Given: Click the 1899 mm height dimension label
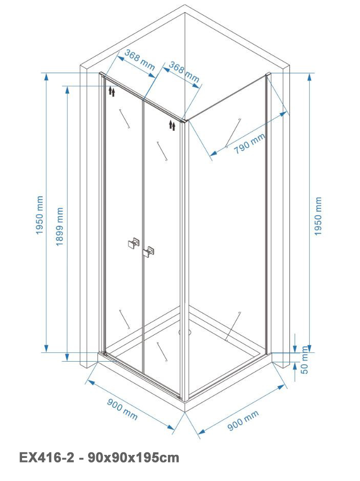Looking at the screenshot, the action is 59,226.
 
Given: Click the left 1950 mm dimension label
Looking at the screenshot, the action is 39,215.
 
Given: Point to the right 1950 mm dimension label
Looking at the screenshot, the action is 318,216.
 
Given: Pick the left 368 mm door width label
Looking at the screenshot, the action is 140,62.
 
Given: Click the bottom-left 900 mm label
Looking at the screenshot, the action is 122,409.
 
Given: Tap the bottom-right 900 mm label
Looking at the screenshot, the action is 243,420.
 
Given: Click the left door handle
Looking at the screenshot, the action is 133,243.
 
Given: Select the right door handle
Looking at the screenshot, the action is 148,252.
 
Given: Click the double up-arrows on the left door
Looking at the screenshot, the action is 112,91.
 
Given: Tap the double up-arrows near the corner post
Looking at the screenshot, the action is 172,126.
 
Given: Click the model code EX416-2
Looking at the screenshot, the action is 47,457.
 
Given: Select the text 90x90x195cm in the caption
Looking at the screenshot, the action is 133,457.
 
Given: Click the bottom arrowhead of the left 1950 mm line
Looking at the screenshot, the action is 46,348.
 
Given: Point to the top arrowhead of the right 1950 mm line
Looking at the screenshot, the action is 309,77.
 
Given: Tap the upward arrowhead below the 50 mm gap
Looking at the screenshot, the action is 294,366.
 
